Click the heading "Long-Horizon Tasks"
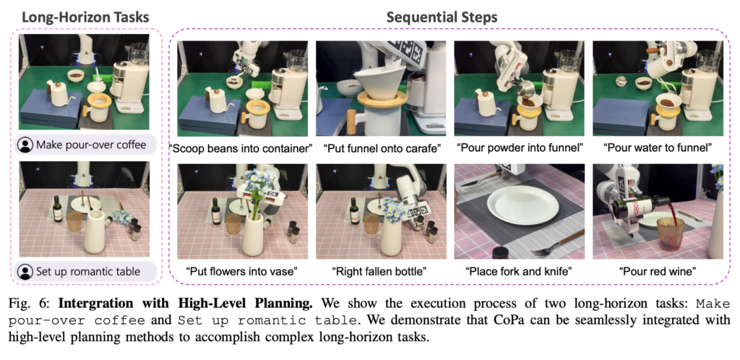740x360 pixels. coord(86,17)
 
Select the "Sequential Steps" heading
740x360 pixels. coord(442,17)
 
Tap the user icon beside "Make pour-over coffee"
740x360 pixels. coord(25,145)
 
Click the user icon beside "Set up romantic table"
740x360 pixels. coord(25,271)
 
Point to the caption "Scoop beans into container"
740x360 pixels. coord(241,149)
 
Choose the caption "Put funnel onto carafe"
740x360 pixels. coord(382,149)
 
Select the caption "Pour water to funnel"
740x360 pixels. coord(658,149)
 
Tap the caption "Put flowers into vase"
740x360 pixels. coord(241,271)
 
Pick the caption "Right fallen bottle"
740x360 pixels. coord(379,271)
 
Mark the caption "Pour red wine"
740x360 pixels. coord(658,271)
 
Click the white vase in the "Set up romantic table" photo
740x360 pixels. coord(95,232)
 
